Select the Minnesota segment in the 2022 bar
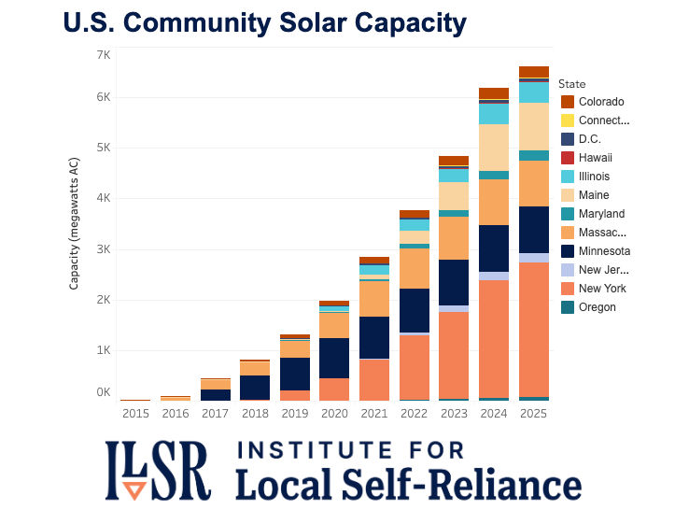(x=414, y=310)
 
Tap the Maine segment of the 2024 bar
(x=494, y=148)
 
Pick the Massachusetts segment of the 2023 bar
(x=454, y=238)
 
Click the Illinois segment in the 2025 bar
(x=534, y=92)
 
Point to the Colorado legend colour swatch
(x=567, y=101)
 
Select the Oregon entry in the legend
(x=597, y=307)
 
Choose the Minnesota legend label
(x=604, y=251)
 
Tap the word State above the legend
(x=572, y=84)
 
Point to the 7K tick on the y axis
(x=103, y=55)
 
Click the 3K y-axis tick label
(x=103, y=249)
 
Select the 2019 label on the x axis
(x=295, y=413)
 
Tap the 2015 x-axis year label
(x=135, y=413)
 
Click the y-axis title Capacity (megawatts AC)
(x=74, y=223)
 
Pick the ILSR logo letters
(x=158, y=471)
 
